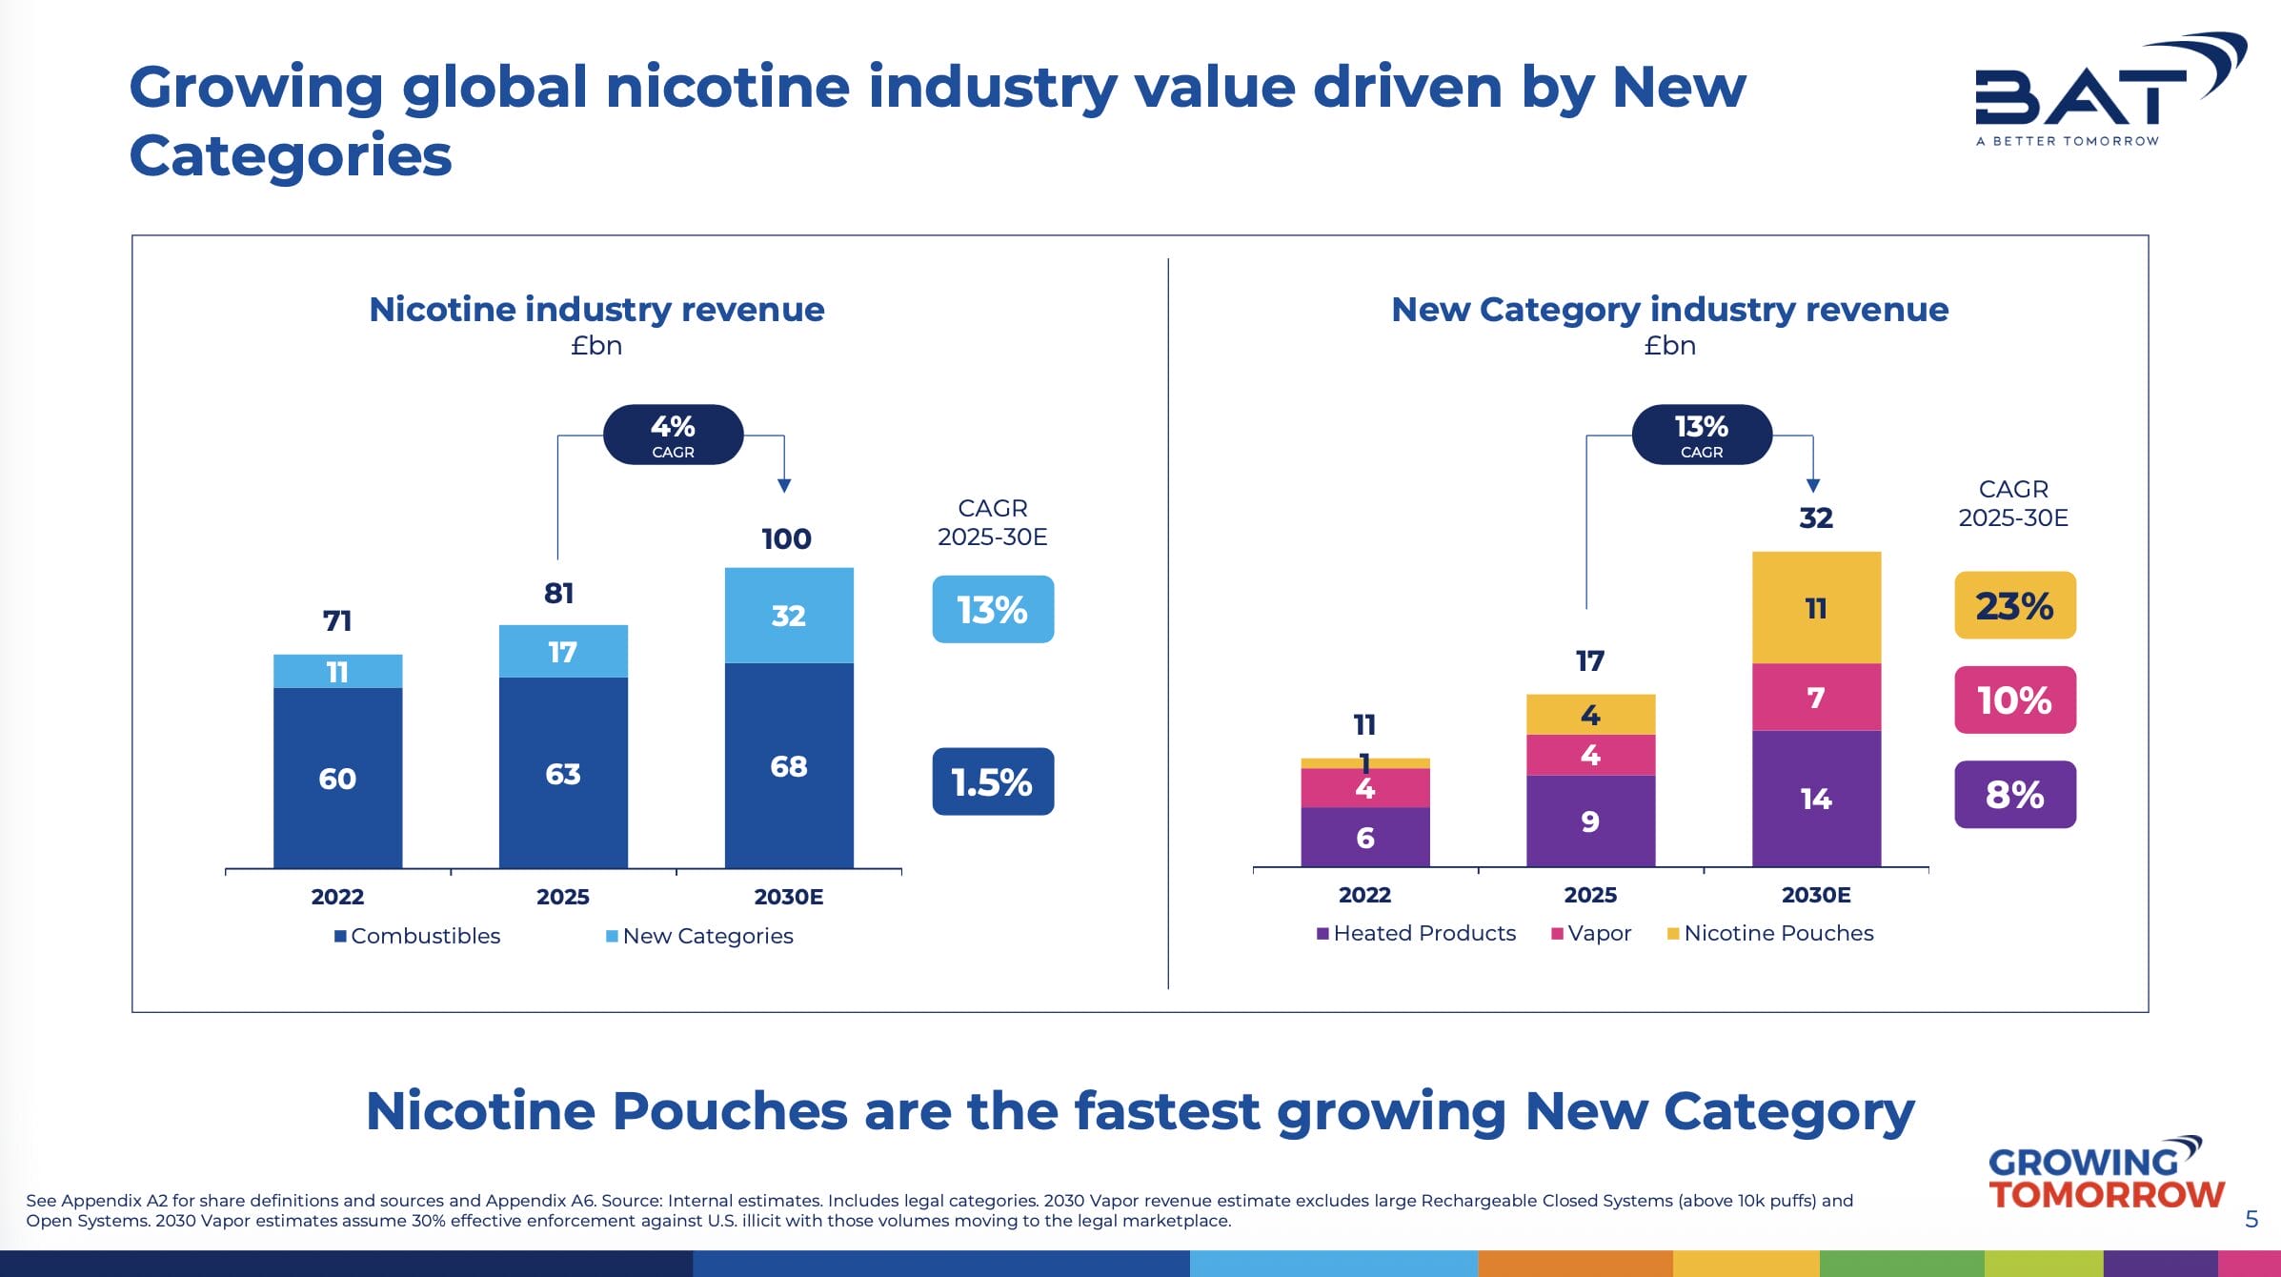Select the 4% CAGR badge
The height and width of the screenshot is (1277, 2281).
pos(673,435)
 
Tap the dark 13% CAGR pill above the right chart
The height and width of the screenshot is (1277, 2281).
pos(1702,435)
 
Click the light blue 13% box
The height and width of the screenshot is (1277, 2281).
pos(993,609)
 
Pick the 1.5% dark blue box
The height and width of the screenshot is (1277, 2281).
pos(993,781)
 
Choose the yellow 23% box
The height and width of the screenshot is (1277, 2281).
pos(2014,605)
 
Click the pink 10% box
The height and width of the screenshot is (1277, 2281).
pos(2014,699)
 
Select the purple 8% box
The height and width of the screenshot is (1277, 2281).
pos(2014,794)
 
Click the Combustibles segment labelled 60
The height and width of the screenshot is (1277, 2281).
pos(337,778)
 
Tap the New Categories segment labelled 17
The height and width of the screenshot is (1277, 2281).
pos(563,652)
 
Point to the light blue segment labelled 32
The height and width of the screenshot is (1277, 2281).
pos(789,615)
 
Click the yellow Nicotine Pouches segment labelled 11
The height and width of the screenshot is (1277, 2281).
pos(1816,607)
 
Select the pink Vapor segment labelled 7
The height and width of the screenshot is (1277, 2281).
pos(1816,697)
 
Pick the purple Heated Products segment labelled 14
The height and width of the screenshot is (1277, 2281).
pos(1816,798)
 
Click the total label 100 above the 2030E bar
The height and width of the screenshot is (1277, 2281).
pos(786,538)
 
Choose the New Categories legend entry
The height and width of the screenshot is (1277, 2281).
pos(699,936)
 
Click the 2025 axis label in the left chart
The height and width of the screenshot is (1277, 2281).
pos(563,896)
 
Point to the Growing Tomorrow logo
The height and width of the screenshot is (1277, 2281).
pos(2106,1175)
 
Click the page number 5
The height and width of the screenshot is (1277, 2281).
pos(2251,1219)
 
